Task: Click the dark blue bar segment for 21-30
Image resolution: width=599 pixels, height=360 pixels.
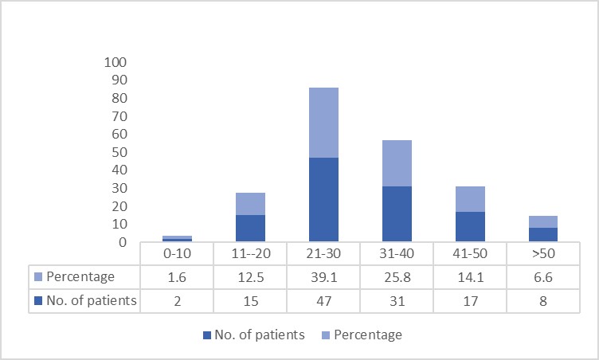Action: pyautogui.click(x=323, y=199)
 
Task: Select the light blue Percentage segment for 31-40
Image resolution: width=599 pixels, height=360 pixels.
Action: pyautogui.click(x=397, y=163)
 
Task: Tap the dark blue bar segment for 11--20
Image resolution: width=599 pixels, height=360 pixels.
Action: pyautogui.click(x=250, y=228)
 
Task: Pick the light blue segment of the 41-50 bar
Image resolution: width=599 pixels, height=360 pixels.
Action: pyautogui.click(x=470, y=199)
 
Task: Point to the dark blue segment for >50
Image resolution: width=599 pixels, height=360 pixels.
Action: pyautogui.click(x=543, y=234)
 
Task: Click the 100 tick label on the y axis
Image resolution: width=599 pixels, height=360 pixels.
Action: pyautogui.click(x=115, y=62)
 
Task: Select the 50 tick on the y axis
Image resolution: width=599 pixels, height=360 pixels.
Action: pyautogui.click(x=119, y=152)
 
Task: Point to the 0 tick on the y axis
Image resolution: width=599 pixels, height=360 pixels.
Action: pyautogui.click(x=123, y=242)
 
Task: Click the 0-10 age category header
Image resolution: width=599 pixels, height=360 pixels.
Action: pyautogui.click(x=178, y=253)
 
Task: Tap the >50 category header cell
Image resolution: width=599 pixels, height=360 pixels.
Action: pyautogui.click(x=543, y=253)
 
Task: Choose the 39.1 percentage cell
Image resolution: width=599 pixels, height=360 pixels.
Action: pyautogui.click(x=323, y=277)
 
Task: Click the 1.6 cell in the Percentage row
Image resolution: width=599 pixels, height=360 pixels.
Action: pyautogui.click(x=178, y=277)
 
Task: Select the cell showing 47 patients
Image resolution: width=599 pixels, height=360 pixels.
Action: pyautogui.click(x=323, y=301)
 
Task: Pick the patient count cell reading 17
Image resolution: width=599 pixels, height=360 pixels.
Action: pyautogui.click(x=470, y=301)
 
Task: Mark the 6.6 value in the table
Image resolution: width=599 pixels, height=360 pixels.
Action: pyautogui.click(x=543, y=277)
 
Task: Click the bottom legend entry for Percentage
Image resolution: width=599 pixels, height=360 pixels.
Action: pyautogui.click(x=362, y=335)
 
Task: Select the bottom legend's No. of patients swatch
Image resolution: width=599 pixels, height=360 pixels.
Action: pyautogui.click(x=207, y=335)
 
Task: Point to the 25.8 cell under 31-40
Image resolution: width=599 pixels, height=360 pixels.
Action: pyautogui.click(x=397, y=277)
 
